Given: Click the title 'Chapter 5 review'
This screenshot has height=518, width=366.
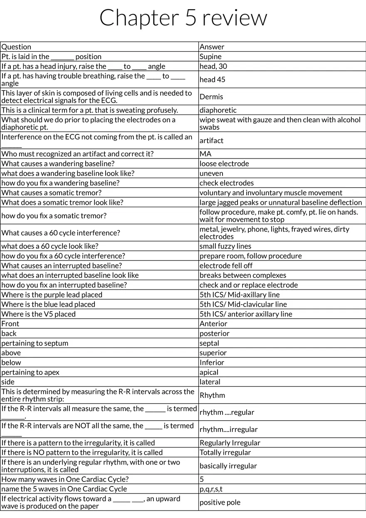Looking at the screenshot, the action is pyautogui.click(x=183, y=18).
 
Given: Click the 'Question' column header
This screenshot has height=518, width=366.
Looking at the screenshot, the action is pyautogui.click(x=16, y=47).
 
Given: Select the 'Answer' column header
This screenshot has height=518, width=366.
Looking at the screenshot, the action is pyautogui.click(x=212, y=47).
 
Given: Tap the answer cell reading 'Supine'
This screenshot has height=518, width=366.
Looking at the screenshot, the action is pyautogui.click(x=210, y=57).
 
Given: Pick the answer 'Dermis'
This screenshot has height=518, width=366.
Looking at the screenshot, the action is pyautogui.click(x=211, y=97).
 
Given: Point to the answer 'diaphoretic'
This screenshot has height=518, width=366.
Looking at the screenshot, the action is pyautogui.click(x=218, y=110).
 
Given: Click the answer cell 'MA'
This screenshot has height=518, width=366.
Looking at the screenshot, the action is pyautogui.click(x=205, y=154).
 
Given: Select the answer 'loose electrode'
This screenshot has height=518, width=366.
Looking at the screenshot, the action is pyautogui.click(x=224, y=164).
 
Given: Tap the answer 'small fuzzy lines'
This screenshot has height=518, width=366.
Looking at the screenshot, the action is pyautogui.click(x=225, y=246).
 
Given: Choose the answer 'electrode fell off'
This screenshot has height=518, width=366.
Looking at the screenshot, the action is pyautogui.click(x=226, y=265).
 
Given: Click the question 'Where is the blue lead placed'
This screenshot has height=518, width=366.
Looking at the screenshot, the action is pyautogui.click(x=48, y=304).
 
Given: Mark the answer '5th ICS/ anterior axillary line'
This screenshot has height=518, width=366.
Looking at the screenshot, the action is pyautogui.click(x=246, y=314).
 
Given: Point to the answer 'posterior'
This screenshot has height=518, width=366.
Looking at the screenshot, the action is pyautogui.click(x=215, y=333).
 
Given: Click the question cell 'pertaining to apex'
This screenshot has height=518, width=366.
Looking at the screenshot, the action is pyautogui.click(x=30, y=372).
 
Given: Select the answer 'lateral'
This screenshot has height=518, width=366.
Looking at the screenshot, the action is pyautogui.click(x=210, y=382).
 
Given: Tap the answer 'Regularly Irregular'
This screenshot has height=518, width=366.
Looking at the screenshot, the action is pyautogui.click(x=230, y=443).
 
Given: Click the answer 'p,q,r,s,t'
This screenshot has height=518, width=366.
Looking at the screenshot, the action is pyautogui.click(x=214, y=489).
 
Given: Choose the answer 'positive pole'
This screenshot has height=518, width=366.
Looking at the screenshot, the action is pyautogui.click(x=220, y=502).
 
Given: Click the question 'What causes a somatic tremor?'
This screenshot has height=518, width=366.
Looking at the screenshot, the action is pyautogui.click(x=52, y=193).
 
